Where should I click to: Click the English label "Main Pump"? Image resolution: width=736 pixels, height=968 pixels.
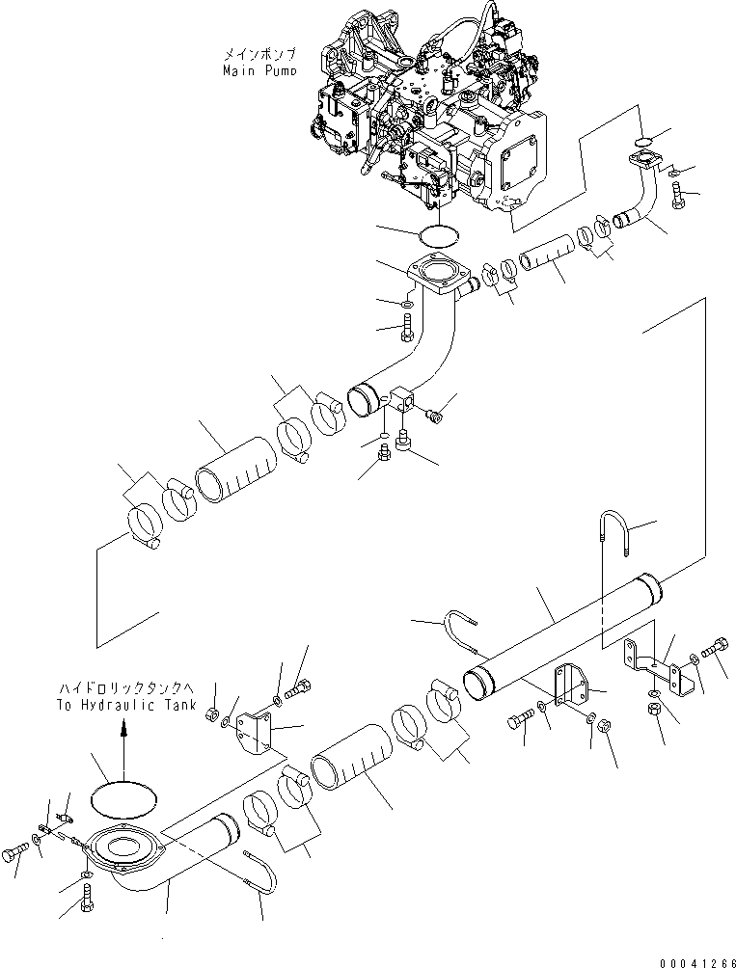[259, 70]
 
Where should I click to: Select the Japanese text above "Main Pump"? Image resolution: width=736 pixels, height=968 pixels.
[259, 54]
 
